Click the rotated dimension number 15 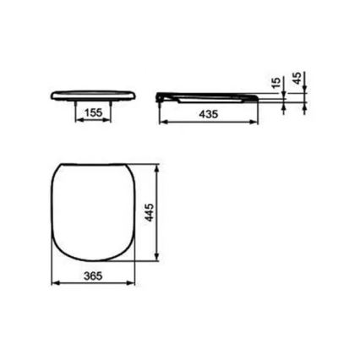tap(275, 85)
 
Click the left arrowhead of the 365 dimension tap(55, 285)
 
